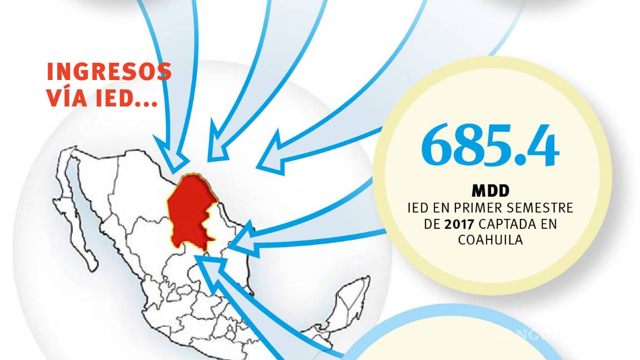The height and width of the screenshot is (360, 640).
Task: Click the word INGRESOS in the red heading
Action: (x=109, y=72)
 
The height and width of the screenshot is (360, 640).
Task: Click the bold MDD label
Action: (x=490, y=192)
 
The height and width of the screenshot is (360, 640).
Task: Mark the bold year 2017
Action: (x=457, y=224)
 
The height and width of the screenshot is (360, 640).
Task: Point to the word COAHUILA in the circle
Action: (x=489, y=239)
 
